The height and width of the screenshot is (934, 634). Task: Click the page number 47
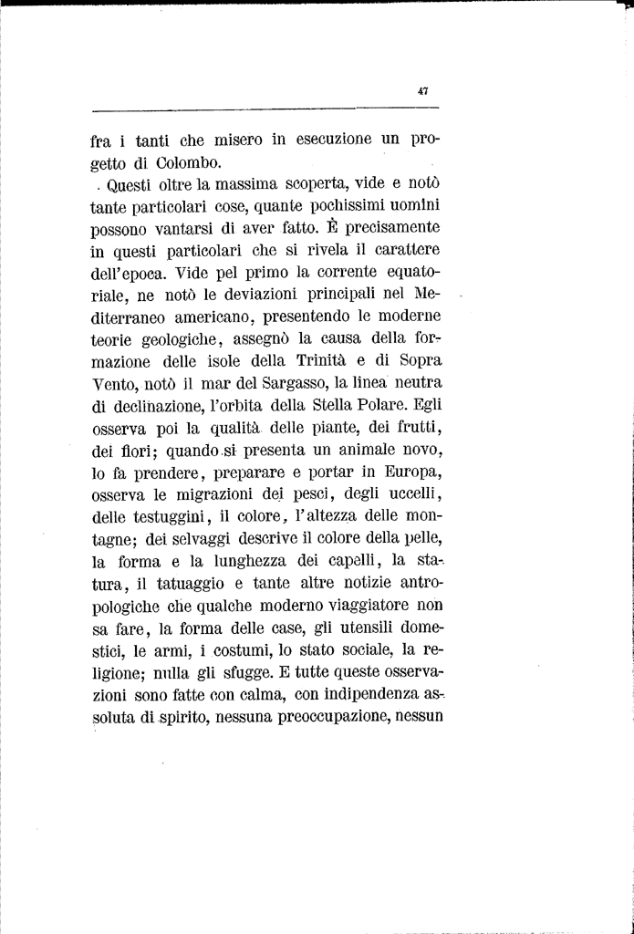(x=422, y=90)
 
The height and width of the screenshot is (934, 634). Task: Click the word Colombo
(x=187, y=163)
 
